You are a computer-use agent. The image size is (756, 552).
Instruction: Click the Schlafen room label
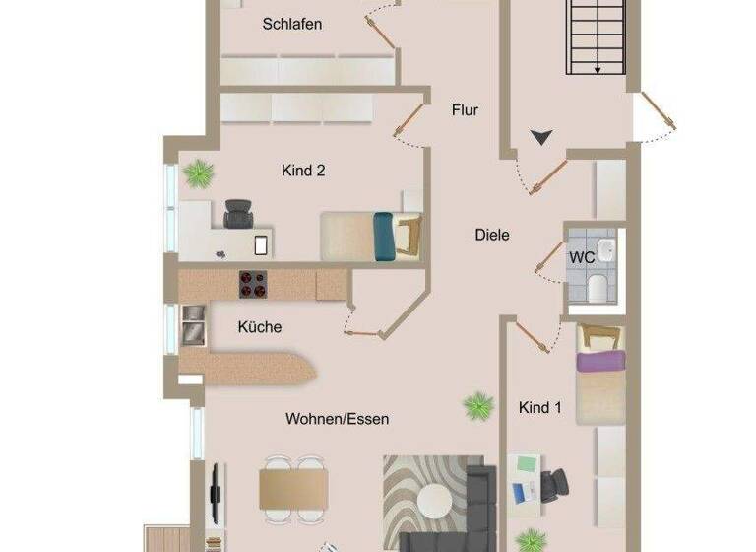click(292, 25)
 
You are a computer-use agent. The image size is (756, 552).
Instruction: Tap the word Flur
click(465, 110)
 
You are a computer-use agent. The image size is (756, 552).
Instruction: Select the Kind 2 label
click(303, 171)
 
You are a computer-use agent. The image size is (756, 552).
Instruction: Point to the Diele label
click(492, 235)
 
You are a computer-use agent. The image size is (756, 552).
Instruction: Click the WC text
click(581, 257)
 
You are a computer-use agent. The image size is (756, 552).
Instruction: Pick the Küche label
click(260, 327)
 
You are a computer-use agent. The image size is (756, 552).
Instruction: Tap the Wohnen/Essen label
click(338, 419)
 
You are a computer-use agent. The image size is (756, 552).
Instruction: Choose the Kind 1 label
click(539, 406)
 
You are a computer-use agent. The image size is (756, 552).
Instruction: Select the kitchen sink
click(194, 325)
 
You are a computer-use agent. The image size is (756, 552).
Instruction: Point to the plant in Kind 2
click(199, 174)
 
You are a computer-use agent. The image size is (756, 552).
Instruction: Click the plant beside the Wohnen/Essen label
click(478, 404)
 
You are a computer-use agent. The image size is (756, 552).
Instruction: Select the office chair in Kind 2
click(238, 212)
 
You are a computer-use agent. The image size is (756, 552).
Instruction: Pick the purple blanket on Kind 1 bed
click(600, 362)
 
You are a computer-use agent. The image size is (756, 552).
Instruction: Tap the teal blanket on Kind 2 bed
click(383, 238)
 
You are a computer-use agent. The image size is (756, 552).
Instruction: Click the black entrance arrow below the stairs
click(541, 138)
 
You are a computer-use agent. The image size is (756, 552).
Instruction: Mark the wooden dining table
click(293, 488)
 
